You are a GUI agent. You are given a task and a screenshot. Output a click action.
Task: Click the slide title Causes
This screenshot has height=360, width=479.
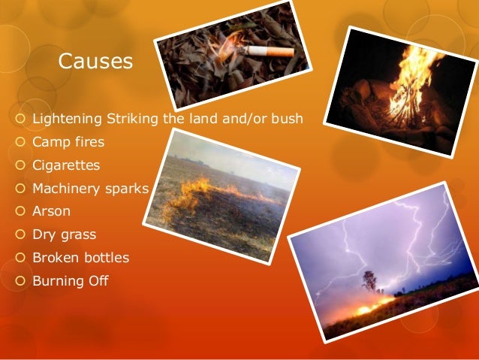95,61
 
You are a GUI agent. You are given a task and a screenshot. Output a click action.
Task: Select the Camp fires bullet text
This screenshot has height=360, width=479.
68,141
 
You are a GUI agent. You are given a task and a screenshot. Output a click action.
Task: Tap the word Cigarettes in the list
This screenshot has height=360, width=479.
66,165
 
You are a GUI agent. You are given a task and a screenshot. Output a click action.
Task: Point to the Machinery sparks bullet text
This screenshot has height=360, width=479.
90,188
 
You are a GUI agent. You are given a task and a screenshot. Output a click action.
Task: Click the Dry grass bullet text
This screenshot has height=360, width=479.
64,234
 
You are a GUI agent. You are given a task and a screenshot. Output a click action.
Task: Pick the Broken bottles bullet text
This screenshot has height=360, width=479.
80,258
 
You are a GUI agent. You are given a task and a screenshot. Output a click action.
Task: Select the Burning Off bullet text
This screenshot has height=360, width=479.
71,281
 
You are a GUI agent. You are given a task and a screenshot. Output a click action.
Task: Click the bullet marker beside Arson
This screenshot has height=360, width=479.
20,211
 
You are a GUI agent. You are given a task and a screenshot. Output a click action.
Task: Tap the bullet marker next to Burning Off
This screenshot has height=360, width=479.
20,281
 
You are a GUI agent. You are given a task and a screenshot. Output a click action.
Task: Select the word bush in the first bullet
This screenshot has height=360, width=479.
287,118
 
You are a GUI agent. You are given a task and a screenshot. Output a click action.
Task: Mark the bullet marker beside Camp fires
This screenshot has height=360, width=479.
20,141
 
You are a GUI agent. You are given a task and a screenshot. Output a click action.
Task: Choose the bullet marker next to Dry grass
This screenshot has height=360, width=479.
20,234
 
